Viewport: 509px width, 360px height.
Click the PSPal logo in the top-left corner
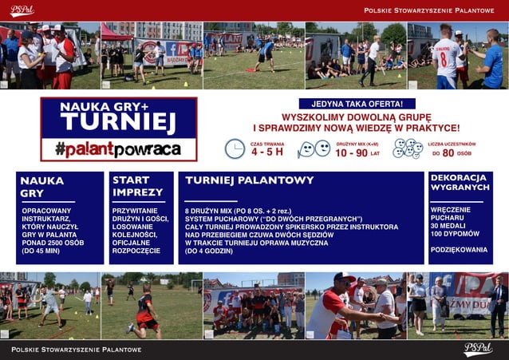[x=22, y=10]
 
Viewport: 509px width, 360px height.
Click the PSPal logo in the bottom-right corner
[x=479, y=349]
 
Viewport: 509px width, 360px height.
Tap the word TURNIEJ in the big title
[x=117, y=121]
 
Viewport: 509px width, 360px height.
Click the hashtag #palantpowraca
[x=117, y=148]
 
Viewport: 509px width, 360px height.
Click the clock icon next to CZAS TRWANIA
[x=235, y=148]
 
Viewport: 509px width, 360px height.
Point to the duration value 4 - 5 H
[x=267, y=152]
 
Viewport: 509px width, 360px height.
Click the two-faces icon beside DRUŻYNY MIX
[x=314, y=149]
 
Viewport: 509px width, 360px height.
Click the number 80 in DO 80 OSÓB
[x=449, y=152]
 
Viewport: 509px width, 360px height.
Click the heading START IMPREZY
[x=137, y=186]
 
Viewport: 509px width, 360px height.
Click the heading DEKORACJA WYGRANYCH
[x=459, y=182]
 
